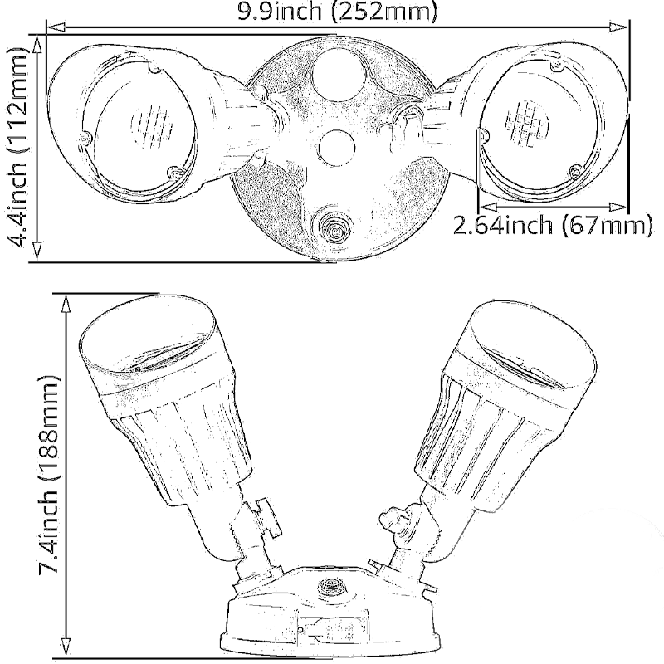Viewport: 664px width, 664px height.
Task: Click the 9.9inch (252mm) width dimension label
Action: click(337, 12)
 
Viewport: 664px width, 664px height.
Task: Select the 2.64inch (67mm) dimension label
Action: click(553, 224)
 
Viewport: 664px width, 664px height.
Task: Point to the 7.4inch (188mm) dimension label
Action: click(49, 474)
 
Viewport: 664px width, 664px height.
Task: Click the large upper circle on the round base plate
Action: click(338, 75)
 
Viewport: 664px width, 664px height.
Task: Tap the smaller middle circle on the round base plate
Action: click(336, 149)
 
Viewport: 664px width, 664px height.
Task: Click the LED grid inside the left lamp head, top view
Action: click(152, 125)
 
